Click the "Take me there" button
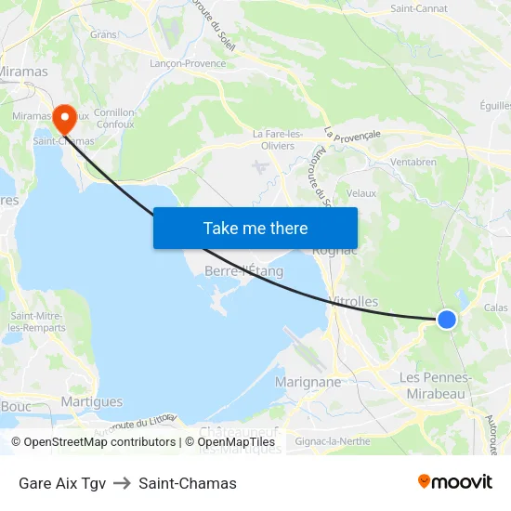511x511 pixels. tap(255, 228)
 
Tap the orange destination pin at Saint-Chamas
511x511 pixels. tap(64, 119)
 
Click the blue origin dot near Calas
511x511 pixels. tap(447, 320)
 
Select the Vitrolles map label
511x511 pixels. tap(354, 302)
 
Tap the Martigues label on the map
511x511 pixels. tap(91, 401)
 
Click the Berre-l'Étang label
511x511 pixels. tap(243, 271)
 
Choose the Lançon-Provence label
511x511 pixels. tap(188, 63)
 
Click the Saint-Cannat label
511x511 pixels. tap(418, 8)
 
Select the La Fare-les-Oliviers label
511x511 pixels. tap(278, 139)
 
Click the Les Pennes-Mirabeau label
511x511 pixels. tap(435, 385)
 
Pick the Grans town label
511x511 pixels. tap(103, 34)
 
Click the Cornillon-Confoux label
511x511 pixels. tap(115, 118)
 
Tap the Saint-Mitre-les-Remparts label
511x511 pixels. tap(36, 321)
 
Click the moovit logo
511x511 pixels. tap(455, 482)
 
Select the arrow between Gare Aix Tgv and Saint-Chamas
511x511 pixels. tap(122, 483)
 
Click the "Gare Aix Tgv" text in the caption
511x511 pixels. tap(62, 483)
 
